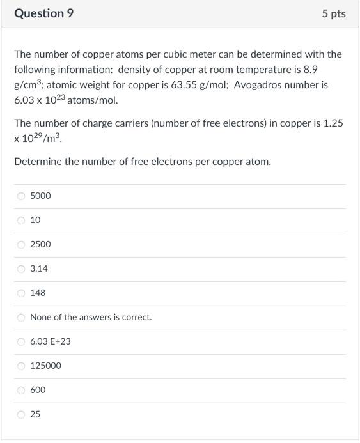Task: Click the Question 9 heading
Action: pos(43,13)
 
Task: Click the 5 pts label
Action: pos(334,13)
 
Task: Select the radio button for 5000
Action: pos(21,196)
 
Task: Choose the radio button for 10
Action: pos(21,221)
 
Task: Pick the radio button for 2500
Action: pos(21,245)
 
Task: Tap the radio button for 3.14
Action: pos(21,269)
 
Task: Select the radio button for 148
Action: pos(21,293)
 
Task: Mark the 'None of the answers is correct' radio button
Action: pos(21,318)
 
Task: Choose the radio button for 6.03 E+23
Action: pos(21,342)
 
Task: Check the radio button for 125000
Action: pos(21,366)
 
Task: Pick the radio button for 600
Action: pos(21,391)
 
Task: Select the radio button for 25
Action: pos(21,415)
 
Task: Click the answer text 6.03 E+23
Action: pos(51,342)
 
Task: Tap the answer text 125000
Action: pos(46,366)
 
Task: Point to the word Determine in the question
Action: pos(38,162)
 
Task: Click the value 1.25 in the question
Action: pos(334,123)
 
